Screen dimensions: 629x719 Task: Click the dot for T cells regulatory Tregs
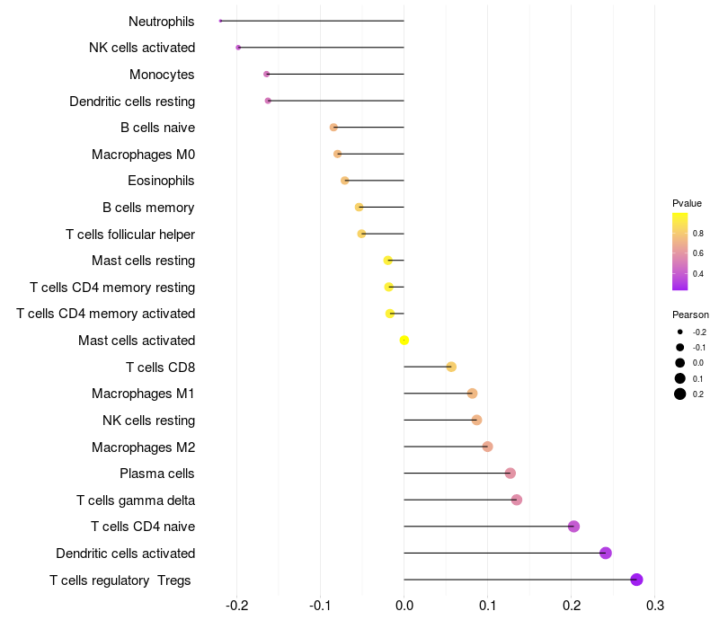point(637,580)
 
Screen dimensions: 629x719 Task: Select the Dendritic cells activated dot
point(606,553)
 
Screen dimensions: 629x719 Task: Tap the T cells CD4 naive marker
point(574,527)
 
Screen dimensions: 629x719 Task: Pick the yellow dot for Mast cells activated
point(404,340)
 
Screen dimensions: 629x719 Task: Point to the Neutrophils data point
point(220,21)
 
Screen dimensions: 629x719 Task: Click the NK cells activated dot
point(238,48)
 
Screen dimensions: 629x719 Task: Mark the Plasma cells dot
point(510,474)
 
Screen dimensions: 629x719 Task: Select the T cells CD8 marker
point(451,367)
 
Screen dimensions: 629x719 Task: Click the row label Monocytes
point(162,75)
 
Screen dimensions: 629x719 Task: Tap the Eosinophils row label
point(161,181)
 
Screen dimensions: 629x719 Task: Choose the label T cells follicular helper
point(130,235)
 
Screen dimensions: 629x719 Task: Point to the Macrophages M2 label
point(144,447)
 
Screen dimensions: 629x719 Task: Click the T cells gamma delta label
point(136,500)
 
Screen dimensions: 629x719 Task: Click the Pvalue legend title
point(687,203)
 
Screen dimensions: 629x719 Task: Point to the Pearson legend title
point(690,314)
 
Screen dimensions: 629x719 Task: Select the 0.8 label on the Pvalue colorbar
point(698,233)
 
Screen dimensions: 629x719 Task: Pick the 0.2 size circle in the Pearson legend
point(680,394)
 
